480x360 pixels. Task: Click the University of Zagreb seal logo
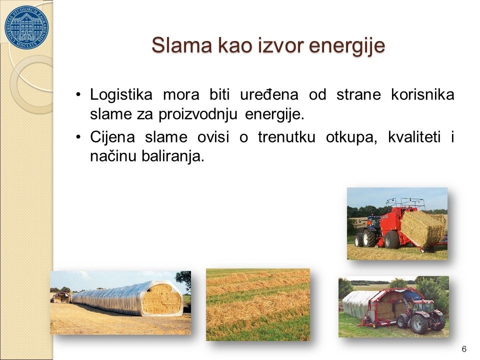tap(26, 27)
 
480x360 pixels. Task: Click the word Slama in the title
tap(182, 45)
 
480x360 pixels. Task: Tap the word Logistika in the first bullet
tap(121, 94)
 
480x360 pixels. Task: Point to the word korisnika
tap(423, 94)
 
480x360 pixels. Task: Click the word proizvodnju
tap(198, 115)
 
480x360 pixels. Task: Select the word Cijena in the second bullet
tap(112, 137)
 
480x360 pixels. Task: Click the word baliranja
tap(172, 157)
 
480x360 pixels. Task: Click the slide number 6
tap(464, 349)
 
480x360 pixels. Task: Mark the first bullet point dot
tap(78, 94)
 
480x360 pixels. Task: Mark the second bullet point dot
tap(78, 137)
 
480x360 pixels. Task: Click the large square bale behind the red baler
tap(423, 228)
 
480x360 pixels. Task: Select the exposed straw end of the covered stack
tap(161, 299)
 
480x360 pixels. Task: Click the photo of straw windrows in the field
tap(258, 305)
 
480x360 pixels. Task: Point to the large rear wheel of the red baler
tap(391, 239)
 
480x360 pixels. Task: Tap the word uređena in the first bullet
tap(269, 94)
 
